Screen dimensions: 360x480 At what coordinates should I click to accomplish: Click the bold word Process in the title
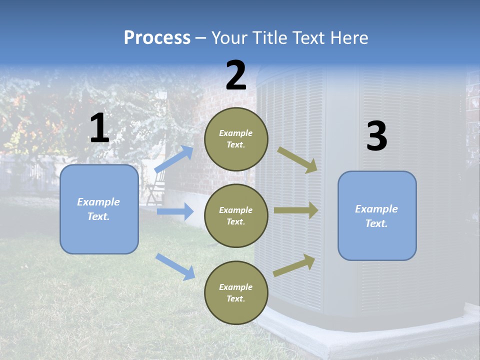[157, 37]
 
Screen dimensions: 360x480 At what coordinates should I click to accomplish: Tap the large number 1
[99, 128]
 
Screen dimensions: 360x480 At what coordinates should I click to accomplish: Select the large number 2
[236, 75]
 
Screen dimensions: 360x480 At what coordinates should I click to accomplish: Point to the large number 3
[376, 136]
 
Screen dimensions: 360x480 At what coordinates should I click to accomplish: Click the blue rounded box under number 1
[99, 209]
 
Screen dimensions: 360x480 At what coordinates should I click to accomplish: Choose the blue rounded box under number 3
[377, 216]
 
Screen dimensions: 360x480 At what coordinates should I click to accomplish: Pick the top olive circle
[236, 139]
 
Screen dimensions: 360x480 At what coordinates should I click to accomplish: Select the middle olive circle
[236, 215]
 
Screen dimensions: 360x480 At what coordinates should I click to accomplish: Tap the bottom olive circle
[236, 292]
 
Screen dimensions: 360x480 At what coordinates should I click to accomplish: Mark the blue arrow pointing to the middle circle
[175, 211]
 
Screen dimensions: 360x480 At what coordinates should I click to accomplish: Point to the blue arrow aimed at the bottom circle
[175, 266]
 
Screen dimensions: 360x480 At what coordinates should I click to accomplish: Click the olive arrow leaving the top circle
[297, 159]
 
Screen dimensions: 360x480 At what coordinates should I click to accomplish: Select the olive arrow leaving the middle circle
[296, 210]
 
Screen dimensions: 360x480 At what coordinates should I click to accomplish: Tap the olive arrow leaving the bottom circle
[294, 265]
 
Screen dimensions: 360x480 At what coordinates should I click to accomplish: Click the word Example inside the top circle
[236, 133]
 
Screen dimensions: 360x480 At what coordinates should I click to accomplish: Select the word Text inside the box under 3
[376, 223]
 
